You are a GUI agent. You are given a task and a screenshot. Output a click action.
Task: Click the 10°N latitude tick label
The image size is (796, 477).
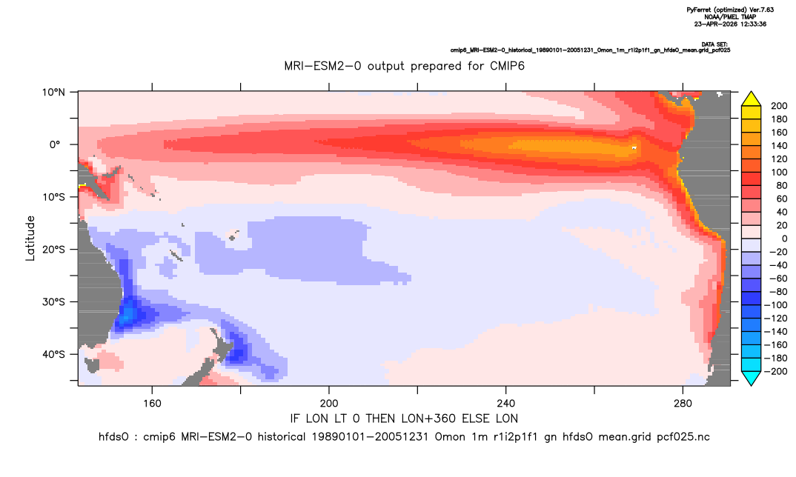point(53,93)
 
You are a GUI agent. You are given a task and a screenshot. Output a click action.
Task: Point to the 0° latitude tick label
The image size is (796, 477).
point(55,144)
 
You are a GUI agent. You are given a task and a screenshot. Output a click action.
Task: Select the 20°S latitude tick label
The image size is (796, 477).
point(53,250)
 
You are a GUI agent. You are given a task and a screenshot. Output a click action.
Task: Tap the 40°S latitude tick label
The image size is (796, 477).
point(53,354)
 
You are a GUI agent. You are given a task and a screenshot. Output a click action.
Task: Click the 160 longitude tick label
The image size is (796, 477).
point(152,404)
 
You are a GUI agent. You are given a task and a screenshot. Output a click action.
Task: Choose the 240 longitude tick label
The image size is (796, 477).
point(506,404)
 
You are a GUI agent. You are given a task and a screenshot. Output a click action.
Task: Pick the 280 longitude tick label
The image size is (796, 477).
point(683,404)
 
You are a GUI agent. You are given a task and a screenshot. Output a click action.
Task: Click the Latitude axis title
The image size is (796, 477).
point(30,238)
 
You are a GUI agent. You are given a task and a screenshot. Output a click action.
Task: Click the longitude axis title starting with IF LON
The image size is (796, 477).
point(404,418)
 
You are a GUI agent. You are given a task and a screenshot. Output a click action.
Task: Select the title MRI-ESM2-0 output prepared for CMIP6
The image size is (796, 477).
point(404,66)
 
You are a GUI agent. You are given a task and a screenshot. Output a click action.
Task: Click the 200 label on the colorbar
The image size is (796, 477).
point(779,106)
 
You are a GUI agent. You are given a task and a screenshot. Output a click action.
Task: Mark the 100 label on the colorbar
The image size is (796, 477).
point(779,173)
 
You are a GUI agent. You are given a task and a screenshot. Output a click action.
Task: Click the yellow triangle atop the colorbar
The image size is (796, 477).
point(751,99)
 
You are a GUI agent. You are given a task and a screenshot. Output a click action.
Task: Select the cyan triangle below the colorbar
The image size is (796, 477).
point(751,378)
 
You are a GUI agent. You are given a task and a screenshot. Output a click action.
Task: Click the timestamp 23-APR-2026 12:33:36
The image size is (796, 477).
point(730,24)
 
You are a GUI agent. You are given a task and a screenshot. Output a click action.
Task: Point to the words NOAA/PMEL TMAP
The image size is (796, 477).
point(730,17)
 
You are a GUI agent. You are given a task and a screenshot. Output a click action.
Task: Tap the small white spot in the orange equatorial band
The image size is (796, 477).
point(634,147)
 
